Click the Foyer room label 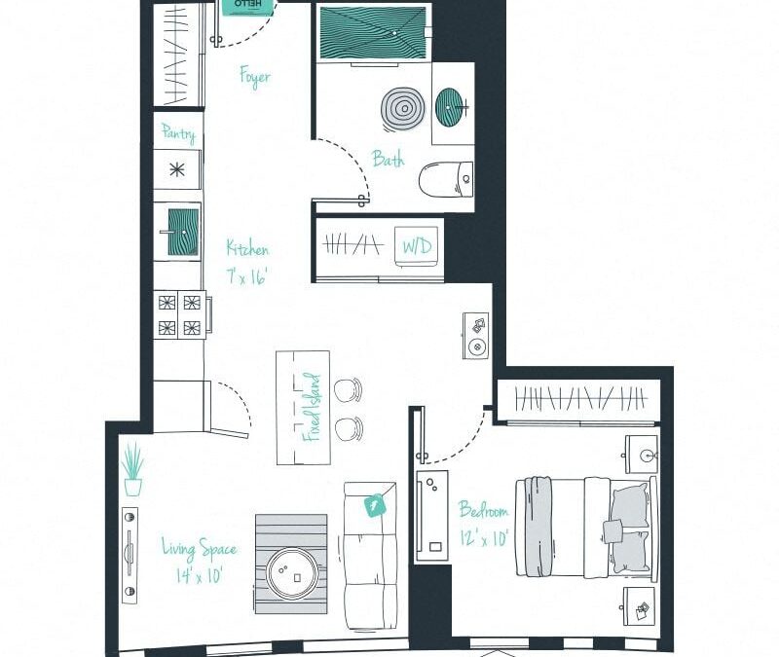(x=255, y=77)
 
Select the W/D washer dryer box (x=417, y=246)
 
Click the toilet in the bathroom (x=446, y=179)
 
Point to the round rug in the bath (x=400, y=109)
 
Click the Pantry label (x=178, y=133)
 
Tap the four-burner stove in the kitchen (x=178, y=314)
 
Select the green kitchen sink (x=178, y=232)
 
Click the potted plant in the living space (x=133, y=470)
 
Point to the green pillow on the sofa (x=374, y=505)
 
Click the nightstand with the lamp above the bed (x=644, y=453)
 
